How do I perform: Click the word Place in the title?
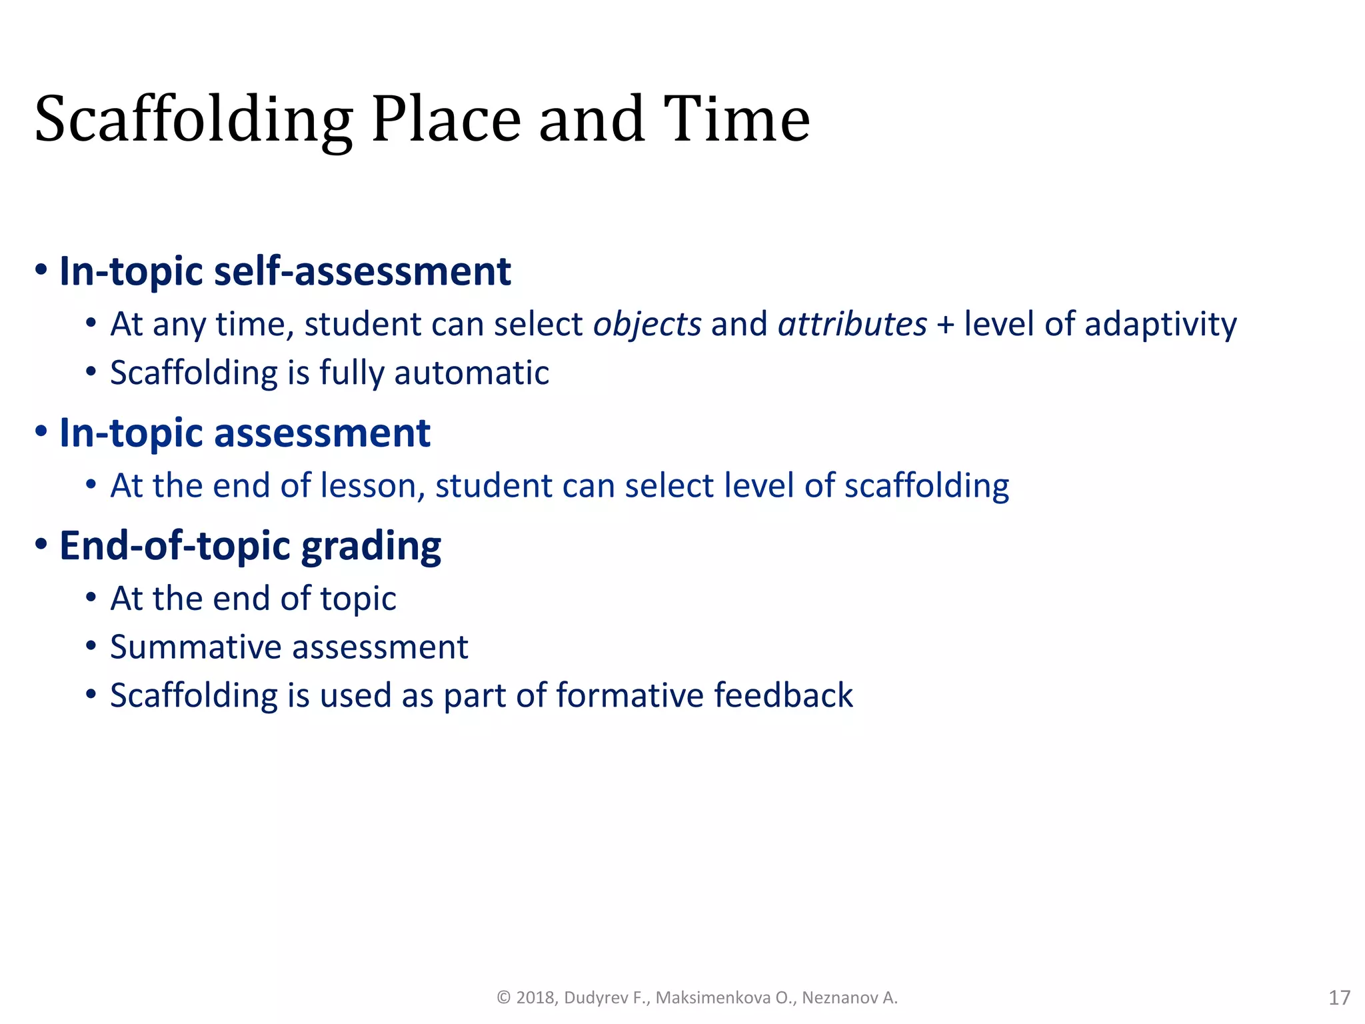click(445, 120)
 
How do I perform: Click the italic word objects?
click(647, 325)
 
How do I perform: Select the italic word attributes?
click(852, 325)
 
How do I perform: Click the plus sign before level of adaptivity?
click(945, 325)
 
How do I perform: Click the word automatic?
click(471, 373)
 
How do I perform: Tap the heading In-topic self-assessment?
click(285, 271)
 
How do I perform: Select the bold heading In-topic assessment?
click(245, 433)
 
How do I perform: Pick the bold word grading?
click(371, 547)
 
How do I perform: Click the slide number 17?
click(1339, 997)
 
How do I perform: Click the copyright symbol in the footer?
click(504, 997)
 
